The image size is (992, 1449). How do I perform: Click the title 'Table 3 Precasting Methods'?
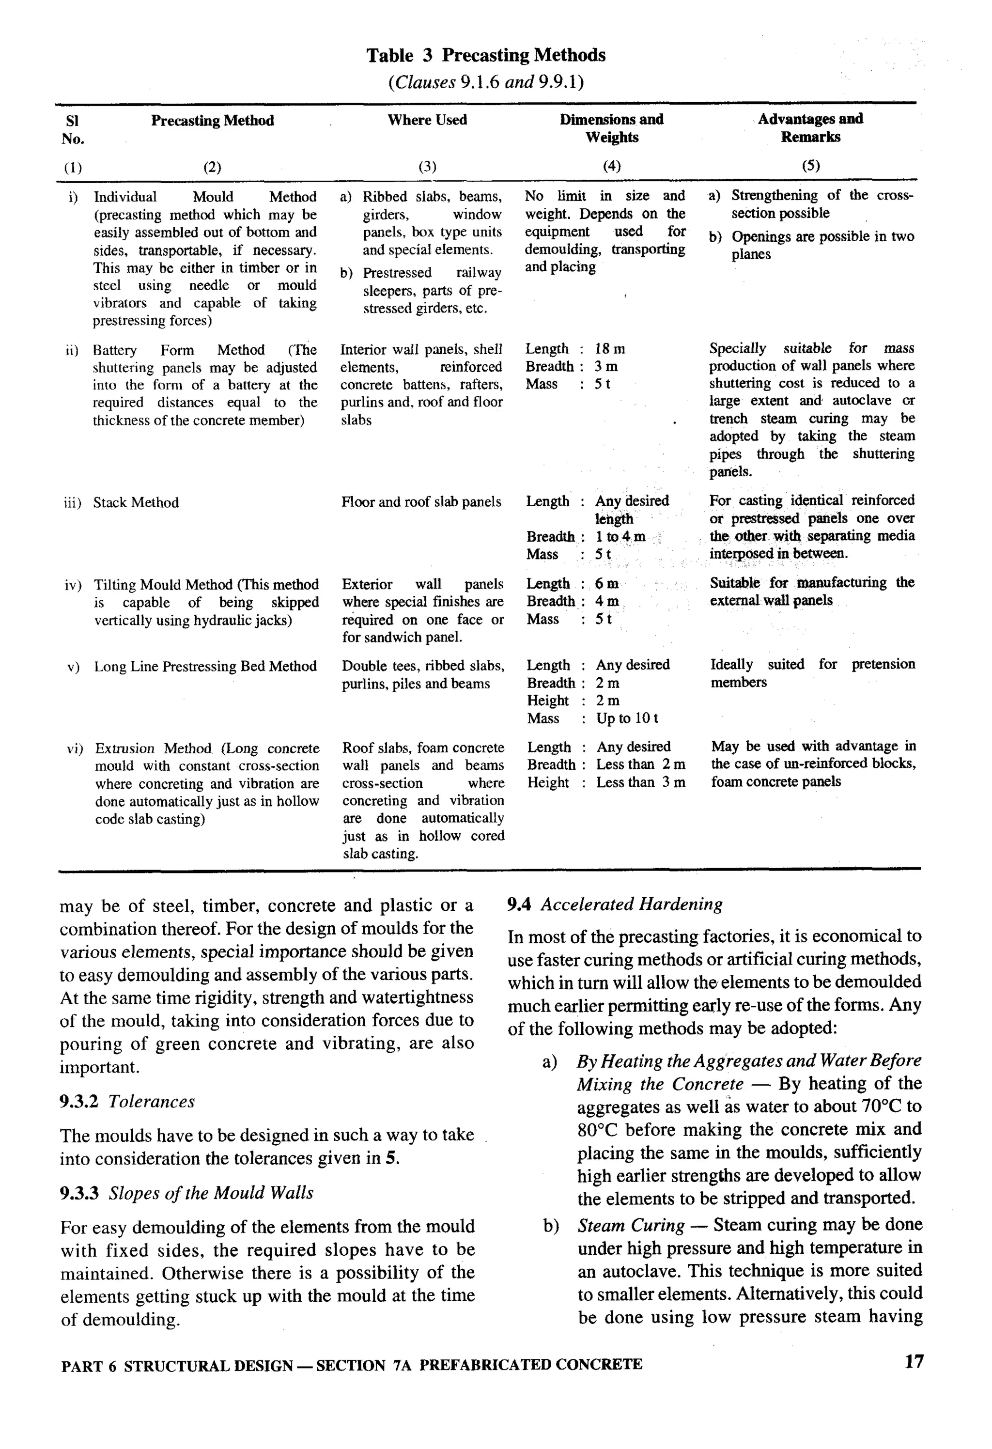(x=486, y=56)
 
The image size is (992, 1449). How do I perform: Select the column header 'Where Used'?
(x=427, y=120)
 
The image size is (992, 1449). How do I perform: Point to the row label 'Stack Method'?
(x=136, y=502)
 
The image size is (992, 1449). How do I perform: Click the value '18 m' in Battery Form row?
(x=610, y=349)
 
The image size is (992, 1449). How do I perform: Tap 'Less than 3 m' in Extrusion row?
(x=640, y=782)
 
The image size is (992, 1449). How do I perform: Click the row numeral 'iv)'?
(x=73, y=585)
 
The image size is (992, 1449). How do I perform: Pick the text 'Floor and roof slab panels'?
(x=421, y=502)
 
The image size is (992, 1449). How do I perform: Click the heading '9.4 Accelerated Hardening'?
(x=615, y=904)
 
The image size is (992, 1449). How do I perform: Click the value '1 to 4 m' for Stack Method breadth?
(x=620, y=537)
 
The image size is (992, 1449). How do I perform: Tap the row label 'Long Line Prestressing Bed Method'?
(x=205, y=667)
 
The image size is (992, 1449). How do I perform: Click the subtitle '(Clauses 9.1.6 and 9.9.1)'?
(x=486, y=82)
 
